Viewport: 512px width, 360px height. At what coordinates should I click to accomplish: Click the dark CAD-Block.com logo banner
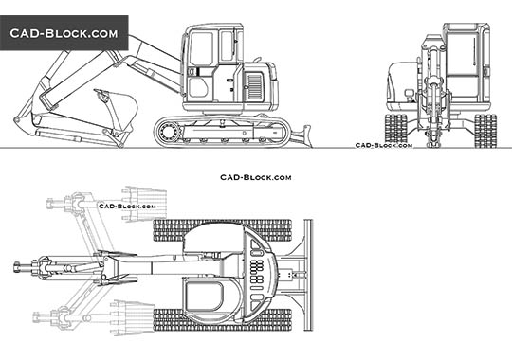(x=64, y=33)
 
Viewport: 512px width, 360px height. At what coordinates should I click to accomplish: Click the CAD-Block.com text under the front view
(x=383, y=146)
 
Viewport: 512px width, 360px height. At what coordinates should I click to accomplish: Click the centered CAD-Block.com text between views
(x=256, y=177)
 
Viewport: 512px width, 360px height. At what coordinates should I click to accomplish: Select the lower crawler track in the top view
(x=223, y=319)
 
